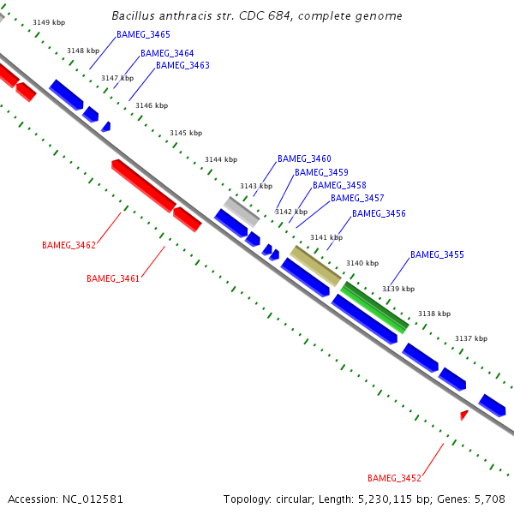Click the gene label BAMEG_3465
[x=143, y=34]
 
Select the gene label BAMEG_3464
[x=167, y=53]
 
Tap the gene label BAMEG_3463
[x=182, y=65]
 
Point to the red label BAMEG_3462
[x=69, y=245]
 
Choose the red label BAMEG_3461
[x=113, y=278]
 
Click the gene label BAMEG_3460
[x=304, y=158]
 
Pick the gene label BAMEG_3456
[x=379, y=213]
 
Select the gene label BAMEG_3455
[x=437, y=254]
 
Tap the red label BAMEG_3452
[x=394, y=477]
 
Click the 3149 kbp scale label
[x=48, y=22]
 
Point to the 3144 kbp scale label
[x=220, y=159]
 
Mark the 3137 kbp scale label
[x=470, y=338]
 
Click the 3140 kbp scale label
[x=362, y=263]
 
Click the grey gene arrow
[x=242, y=212]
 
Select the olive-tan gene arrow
[x=315, y=266]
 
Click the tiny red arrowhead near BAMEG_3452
[x=464, y=415]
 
